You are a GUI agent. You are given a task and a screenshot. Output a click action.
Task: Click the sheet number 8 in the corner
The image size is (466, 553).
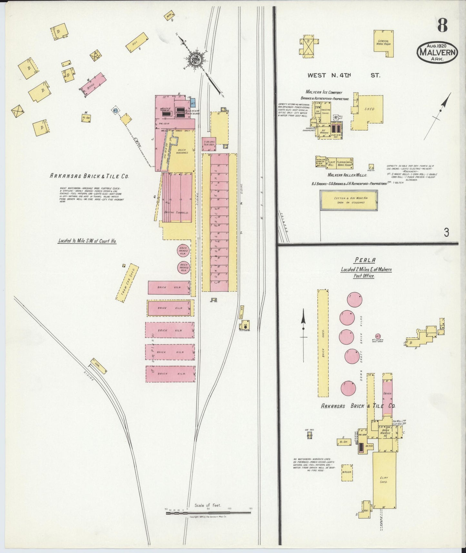[442, 25]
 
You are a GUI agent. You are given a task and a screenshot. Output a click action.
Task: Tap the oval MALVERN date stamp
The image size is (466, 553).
[438, 53]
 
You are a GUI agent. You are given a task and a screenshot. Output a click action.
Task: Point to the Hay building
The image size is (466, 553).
[136, 42]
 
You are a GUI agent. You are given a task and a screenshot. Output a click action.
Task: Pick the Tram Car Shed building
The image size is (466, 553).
[127, 283]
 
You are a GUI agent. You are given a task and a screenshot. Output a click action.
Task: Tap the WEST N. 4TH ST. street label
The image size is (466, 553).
[343, 75]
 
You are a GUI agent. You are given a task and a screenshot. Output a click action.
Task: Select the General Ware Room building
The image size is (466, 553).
[384, 44]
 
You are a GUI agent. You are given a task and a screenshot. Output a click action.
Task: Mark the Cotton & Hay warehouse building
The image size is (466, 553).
[348, 200]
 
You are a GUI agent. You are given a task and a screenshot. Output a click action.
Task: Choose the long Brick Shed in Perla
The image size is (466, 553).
[323, 343]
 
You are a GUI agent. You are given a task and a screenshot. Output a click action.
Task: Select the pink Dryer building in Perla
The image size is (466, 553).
[387, 394]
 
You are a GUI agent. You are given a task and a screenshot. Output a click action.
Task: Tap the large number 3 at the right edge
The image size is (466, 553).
[446, 232]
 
